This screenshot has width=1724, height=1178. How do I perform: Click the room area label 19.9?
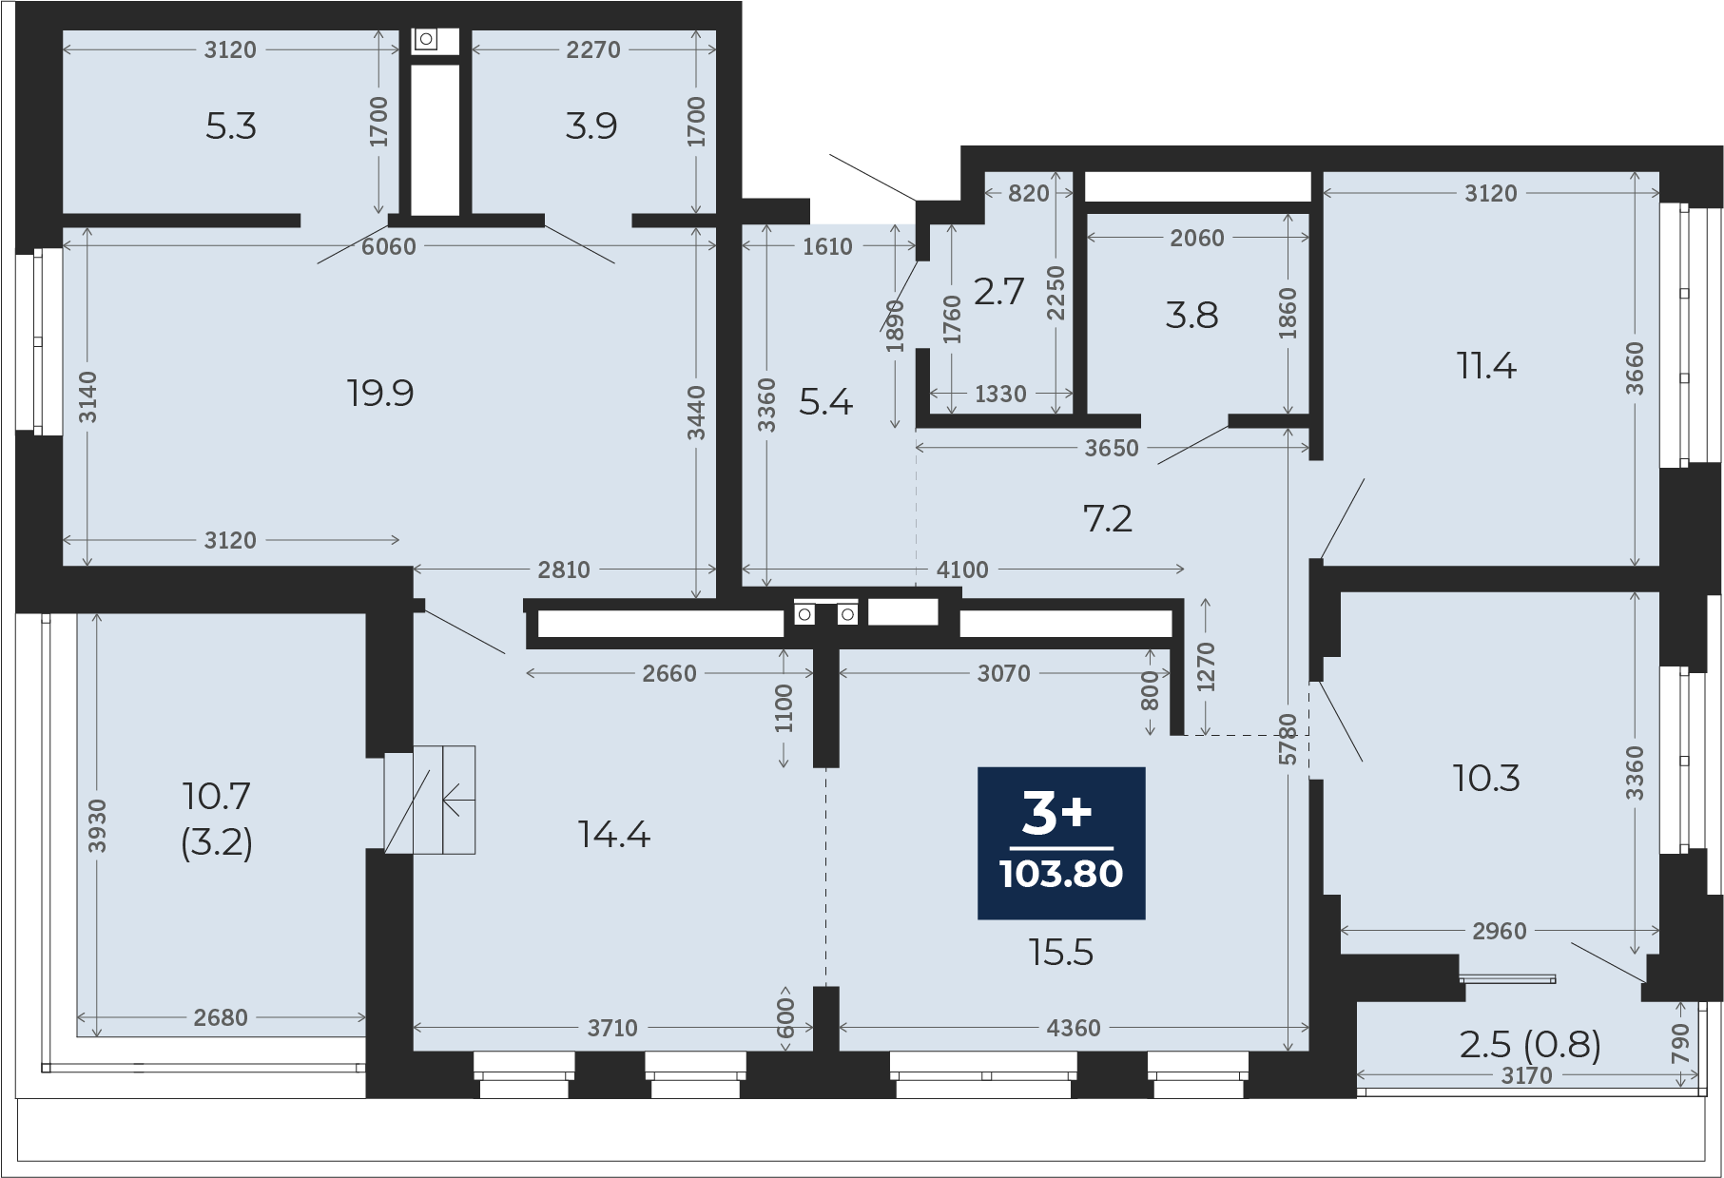click(380, 393)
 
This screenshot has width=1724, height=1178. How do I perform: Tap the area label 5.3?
click(231, 126)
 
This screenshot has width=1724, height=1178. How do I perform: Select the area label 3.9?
click(591, 126)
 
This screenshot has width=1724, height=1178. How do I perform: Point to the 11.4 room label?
click(1486, 365)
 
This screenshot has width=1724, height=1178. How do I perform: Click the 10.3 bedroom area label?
click(1486, 779)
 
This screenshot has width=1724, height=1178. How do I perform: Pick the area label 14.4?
click(614, 835)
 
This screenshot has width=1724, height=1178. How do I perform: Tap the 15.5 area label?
click(1061, 952)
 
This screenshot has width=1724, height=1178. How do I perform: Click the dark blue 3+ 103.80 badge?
click(1061, 843)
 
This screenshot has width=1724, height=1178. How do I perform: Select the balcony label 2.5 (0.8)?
click(1530, 1044)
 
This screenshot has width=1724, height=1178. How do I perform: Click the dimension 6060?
click(389, 246)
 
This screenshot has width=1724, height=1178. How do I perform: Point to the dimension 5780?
click(1288, 740)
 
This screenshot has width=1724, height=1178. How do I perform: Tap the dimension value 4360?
click(1074, 1028)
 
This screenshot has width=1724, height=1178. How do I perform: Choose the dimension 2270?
click(593, 49)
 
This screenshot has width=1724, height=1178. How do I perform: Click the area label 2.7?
click(998, 291)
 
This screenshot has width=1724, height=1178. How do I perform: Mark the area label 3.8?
click(1191, 315)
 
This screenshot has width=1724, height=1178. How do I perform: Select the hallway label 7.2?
click(1108, 518)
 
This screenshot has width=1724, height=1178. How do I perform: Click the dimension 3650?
click(1112, 448)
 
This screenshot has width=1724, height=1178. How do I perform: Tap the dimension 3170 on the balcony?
click(1526, 1075)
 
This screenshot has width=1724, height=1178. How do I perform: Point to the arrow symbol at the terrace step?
click(459, 800)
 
